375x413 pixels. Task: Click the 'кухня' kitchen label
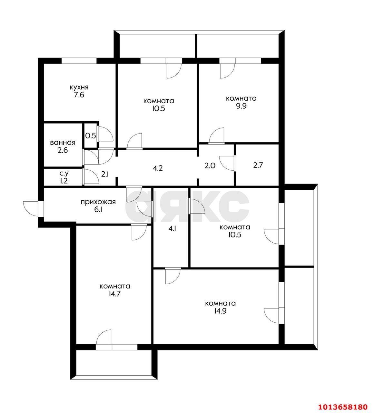pos(79,87)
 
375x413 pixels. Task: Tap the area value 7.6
pos(79,95)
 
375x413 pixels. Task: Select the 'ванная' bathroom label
pos(63,143)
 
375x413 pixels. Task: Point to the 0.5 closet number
pos(91,136)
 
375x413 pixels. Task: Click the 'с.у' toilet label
pos(64,174)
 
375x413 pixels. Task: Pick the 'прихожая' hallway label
pos(98,202)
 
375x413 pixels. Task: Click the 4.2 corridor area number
pos(158,168)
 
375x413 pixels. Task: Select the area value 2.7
pos(258,165)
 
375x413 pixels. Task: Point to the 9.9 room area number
pos(241,106)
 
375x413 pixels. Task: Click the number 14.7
pos(115,294)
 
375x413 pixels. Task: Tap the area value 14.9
pos(221,311)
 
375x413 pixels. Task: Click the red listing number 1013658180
pos(343,407)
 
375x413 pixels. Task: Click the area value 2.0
pos(210,166)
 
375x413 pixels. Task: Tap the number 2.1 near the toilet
pos(105,174)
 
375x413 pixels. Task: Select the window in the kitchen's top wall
pos(79,61)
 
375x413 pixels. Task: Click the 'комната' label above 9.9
pos(241,98)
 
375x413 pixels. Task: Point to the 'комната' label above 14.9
pos(221,303)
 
